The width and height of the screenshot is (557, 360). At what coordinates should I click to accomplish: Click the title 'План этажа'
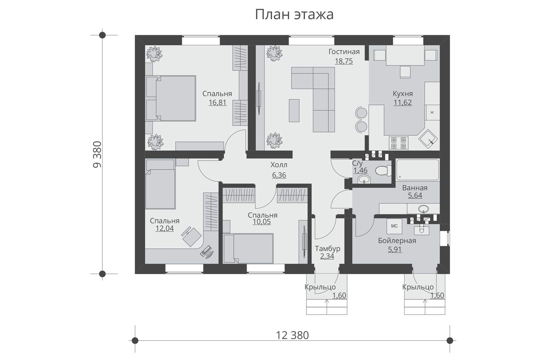pos(294,14)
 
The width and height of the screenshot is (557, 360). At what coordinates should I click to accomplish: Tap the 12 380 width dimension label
pos(292,335)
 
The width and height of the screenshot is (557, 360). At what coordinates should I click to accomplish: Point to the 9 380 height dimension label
pos(97,154)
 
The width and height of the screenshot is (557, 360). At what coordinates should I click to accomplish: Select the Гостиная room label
pos(344,52)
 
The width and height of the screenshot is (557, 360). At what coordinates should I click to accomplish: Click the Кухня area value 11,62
pos(403,103)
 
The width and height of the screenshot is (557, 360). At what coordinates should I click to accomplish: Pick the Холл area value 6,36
pos(279,175)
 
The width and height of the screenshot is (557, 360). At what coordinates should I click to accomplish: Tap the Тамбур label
pos(328,249)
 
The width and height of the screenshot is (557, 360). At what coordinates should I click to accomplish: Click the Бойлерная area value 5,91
pos(395,250)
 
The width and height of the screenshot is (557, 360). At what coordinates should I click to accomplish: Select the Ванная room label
pos(415,188)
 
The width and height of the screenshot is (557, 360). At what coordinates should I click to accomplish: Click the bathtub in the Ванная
pos(417,170)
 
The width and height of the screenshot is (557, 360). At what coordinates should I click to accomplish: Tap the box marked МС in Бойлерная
pos(394,226)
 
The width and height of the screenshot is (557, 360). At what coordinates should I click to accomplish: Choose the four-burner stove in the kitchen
pos(398,143)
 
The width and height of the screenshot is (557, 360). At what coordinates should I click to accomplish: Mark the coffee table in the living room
pos(294,110)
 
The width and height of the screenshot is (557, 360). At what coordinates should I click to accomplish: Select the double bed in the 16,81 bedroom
pos(171,98)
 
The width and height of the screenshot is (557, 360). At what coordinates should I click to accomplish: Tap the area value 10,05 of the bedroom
pos(262,222)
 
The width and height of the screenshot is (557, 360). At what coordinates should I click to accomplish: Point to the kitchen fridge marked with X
pos(432,112)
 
